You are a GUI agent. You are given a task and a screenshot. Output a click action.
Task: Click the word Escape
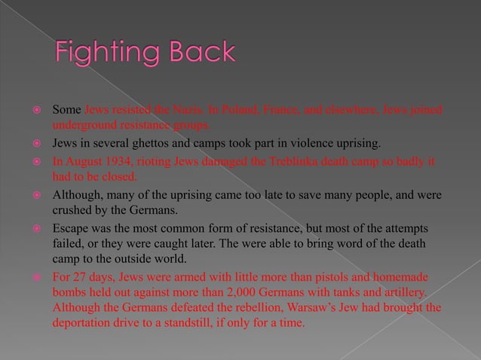click(70, 227)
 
